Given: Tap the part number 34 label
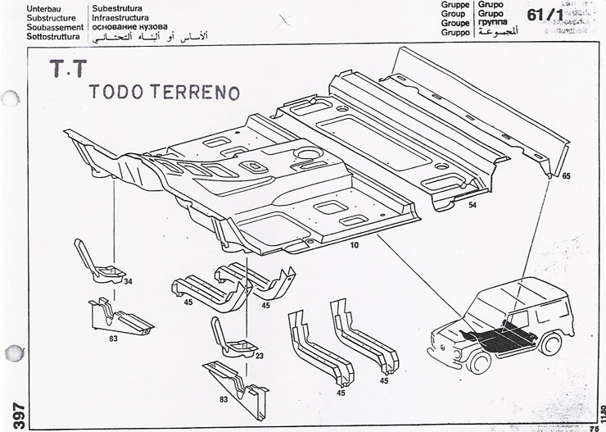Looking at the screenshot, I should click(x=128, y=282).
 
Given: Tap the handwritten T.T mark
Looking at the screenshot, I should click(x=67, y=74).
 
